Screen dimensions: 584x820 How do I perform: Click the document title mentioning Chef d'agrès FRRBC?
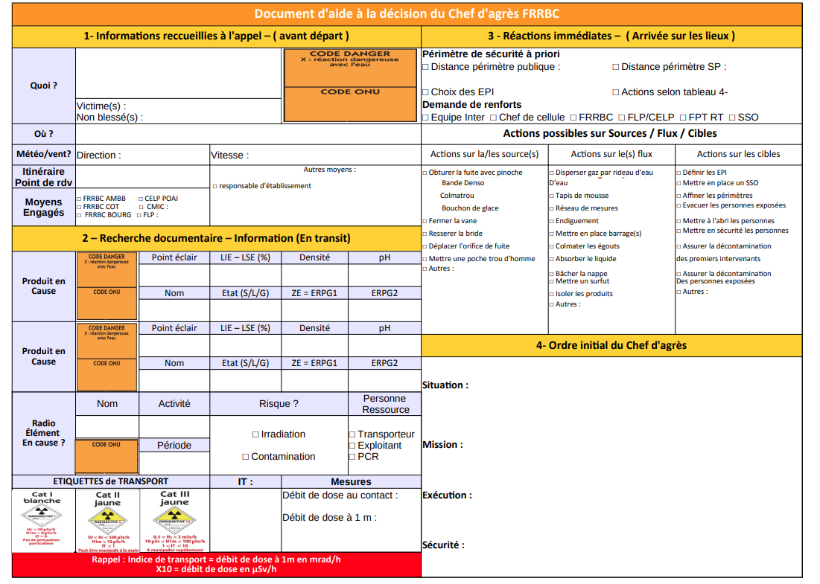tap(407, 14)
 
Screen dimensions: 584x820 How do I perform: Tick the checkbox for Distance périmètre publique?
tap(425, 67)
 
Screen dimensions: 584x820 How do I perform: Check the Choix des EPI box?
tap(425, 92)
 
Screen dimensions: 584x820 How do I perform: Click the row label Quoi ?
tap(44, 86)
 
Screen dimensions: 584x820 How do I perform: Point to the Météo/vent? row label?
tap(44, 155)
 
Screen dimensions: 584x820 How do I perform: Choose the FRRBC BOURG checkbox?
tap(80, 216)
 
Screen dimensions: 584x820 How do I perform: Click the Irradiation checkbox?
tap(255, 434)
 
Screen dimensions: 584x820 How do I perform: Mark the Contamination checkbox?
tap(246, 457)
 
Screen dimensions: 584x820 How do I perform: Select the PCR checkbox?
tap(352, 457)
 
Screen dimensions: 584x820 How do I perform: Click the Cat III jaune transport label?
tap(174, 521)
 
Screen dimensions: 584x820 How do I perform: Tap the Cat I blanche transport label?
tap(42, 520)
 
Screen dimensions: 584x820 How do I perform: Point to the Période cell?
tap(174, 446)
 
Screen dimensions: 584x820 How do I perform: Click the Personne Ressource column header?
tap(386, 404)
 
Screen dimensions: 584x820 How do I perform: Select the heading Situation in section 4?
tap(445, 385)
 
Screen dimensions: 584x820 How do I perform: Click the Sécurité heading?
tap(443, 545)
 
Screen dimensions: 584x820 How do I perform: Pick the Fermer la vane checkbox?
tap(425, 221)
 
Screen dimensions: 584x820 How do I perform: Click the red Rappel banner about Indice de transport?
tap(216, 565)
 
